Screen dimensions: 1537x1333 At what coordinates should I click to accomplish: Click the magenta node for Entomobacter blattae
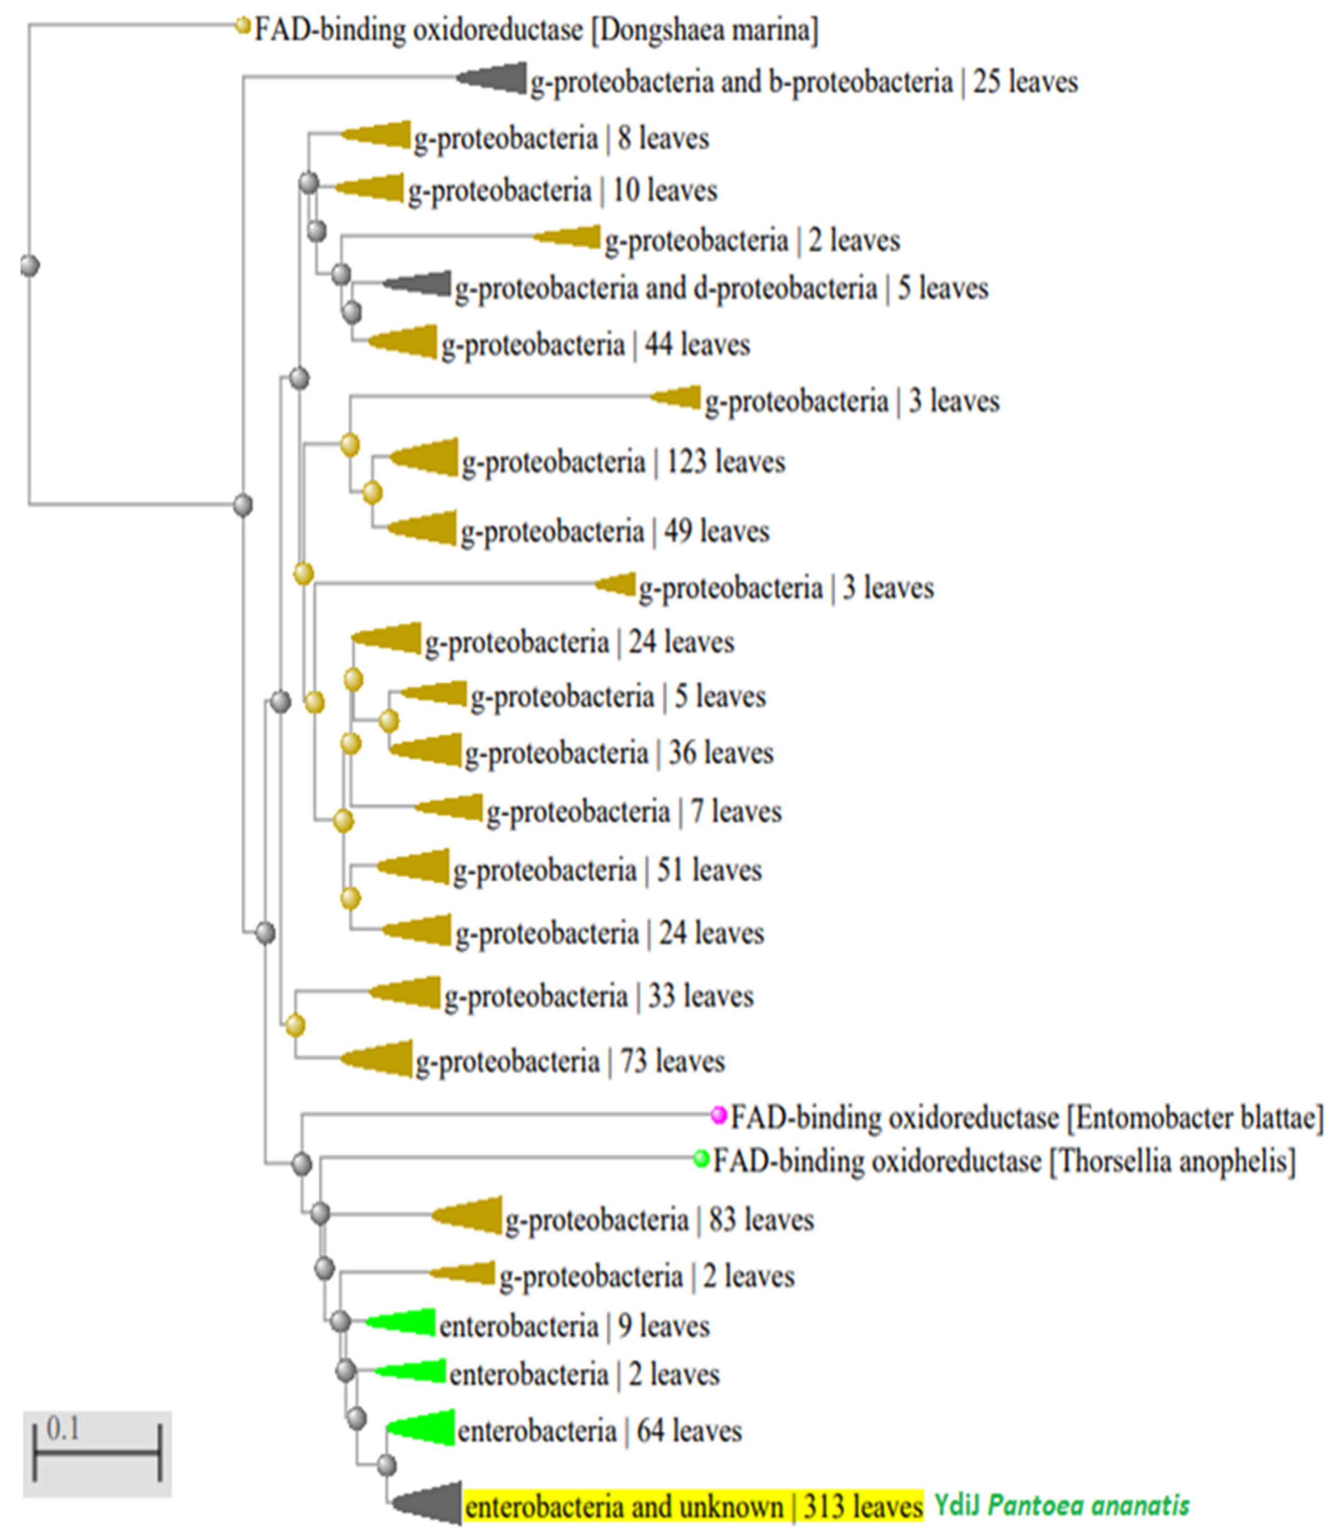718,1115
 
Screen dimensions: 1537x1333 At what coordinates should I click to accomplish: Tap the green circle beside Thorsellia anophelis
701,1158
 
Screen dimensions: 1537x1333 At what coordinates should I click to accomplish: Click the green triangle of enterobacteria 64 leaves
428,1428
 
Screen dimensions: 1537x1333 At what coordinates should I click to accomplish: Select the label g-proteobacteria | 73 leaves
570,1062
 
